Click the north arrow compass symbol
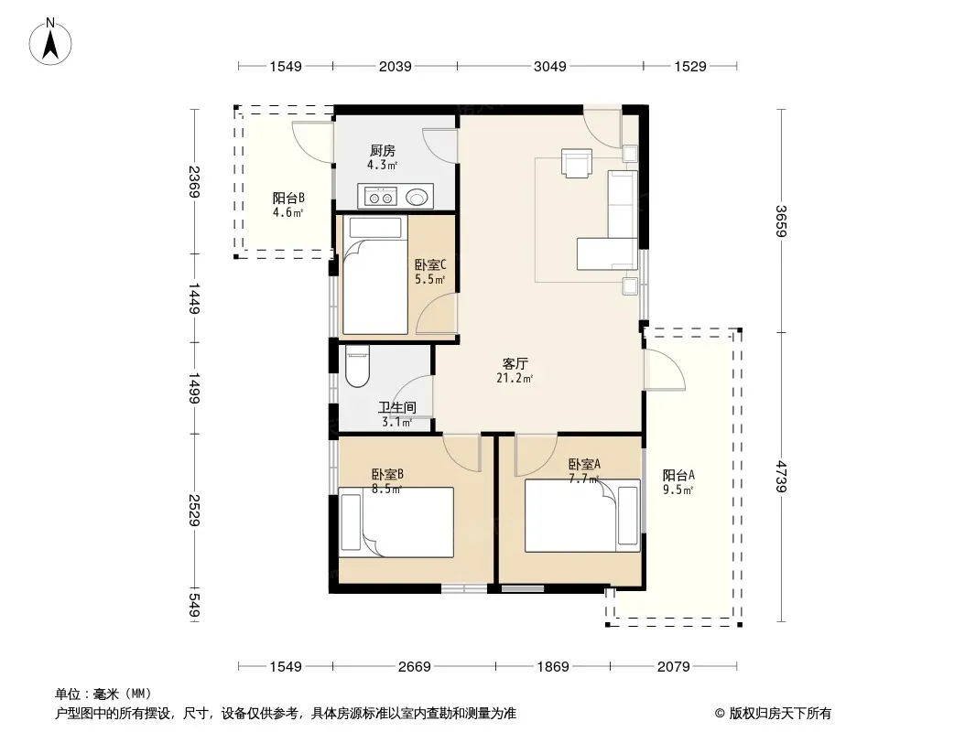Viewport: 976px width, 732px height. pyautogui.click(x=50, y=42)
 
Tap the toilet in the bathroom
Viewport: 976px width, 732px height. pyautogui.click(x=357, y=367)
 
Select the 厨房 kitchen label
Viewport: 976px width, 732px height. pyautogui.click(x=382, y=150)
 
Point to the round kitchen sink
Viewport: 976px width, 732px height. pyautogui.click(x=417, y=197)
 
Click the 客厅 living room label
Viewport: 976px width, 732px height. pyautogui.click(x=515, y=363)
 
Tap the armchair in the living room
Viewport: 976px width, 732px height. pyautogui.click(x=577, y=163)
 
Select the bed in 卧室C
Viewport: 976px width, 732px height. pyautogui.click(x=374, y=275)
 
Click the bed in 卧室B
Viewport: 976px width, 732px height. pyautogui.click(x=396, y=522)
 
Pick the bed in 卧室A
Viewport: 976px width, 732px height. pyautogui.click(x=582, y=515)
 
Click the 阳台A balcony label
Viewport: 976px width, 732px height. pyautogui.click(x=678, y=475)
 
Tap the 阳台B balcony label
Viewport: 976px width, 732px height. pyautogui.click(x=288, y=198)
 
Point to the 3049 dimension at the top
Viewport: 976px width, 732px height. pyautogui.click(x=550, y=66)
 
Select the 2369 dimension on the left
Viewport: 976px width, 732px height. pyautogui.click(x=194, y=181)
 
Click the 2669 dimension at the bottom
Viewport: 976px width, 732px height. pyautogui.click(x=415, y=667)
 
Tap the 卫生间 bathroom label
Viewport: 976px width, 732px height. pyautogui.click(x=397, y=407)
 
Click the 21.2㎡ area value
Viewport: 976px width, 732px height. pyautogui.click(x=515, y=378)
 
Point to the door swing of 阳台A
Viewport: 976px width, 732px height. pyautogui.click(x=665, y=370)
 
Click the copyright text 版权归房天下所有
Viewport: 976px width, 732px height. pyautogui.click(x=780, y=714)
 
